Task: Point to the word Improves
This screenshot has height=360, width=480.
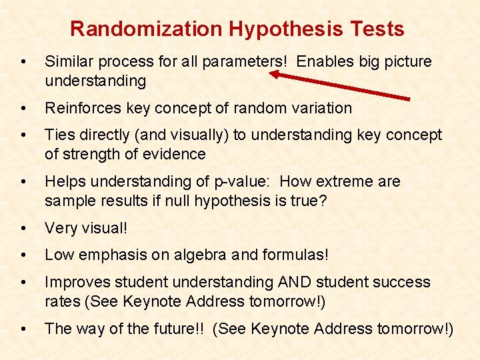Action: click(x=75, y=282)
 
